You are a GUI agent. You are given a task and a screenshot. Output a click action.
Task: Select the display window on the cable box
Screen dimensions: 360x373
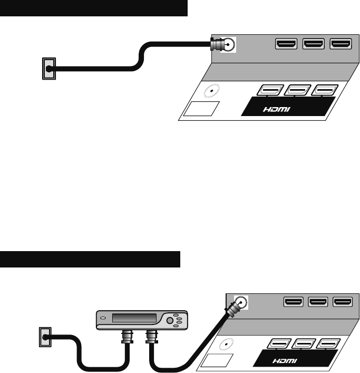[136, 319]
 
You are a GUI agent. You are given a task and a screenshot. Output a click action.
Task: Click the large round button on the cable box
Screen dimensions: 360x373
[171, 320]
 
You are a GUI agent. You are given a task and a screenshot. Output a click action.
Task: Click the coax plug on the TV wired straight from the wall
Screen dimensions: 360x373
[216, 45]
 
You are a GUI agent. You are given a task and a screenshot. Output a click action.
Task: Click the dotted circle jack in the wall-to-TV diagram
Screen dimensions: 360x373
[212, 91]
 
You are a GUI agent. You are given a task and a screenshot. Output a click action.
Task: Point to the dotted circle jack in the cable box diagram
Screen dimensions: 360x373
[227, 346]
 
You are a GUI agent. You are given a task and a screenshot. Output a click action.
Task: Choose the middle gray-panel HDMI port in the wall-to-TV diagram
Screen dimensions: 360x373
[314, 44]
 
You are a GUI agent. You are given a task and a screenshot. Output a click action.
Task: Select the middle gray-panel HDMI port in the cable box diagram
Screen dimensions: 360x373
[318, 302]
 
